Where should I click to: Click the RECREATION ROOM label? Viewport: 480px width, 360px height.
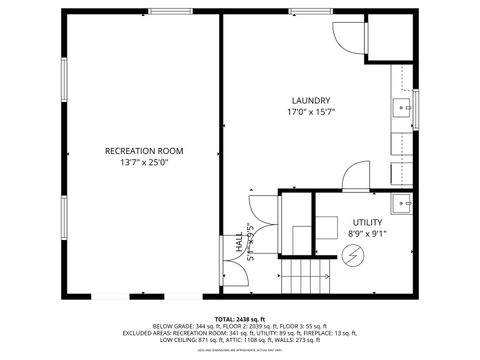click(x=143, y=151)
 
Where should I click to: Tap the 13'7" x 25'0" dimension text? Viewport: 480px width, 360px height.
click(x=143, y=163)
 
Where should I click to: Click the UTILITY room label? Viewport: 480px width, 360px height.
click(x=367, y=222)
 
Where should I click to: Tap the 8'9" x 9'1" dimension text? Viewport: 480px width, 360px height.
click(x=367, y=234)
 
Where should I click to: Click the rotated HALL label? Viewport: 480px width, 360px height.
click(x=239, y=243)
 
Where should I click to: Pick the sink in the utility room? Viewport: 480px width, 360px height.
click(x=403, y=205)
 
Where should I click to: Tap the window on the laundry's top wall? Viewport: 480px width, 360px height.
click(x=305, y=14)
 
